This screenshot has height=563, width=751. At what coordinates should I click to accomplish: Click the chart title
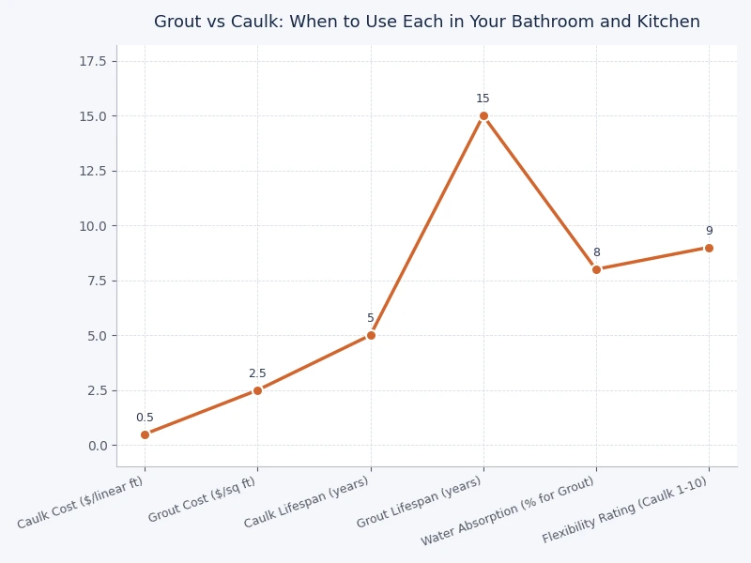point(427,22)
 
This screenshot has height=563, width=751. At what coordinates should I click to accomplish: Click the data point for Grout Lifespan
point(483,116)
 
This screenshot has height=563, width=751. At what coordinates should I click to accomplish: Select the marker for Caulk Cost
point(145,434)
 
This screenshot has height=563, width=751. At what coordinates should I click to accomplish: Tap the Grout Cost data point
point(257,390)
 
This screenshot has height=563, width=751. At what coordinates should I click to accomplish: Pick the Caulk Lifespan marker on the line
point(371,335)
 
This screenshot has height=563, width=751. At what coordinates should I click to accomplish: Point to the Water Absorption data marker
point(596,269)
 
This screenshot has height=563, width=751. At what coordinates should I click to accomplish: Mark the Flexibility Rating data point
point(709,248)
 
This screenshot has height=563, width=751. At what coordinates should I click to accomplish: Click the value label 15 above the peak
point(483,99)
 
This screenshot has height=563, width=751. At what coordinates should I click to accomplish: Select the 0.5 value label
point(145,418)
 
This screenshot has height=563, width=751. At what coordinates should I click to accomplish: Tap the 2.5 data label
point(257,373)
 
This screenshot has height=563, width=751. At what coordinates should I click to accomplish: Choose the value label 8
point(596,252)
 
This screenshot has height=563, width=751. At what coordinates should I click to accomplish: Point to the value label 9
point(709,231)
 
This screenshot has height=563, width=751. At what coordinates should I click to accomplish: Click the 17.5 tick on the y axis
point(93,61)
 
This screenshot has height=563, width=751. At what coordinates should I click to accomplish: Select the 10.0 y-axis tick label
point(93,226)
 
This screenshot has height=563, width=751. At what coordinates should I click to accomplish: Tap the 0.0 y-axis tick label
point(98,446)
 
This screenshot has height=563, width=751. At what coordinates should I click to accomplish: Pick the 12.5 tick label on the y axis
point(93,171)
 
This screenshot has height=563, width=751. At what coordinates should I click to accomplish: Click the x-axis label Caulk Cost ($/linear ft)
point(82,503)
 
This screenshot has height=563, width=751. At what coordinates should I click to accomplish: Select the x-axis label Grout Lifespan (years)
point(420,502)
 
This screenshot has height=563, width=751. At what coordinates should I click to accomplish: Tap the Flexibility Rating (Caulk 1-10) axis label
point(626,510)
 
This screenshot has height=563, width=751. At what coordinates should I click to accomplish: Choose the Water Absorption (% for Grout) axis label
point(508,511)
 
